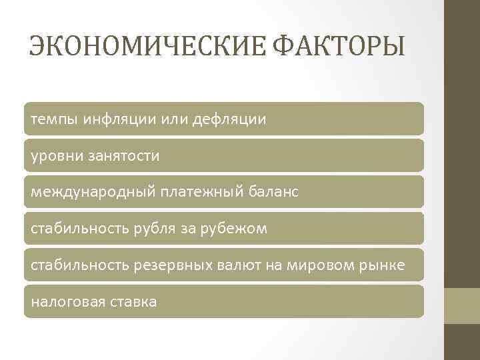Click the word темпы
[55, 119]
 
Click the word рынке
[380, 265]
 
